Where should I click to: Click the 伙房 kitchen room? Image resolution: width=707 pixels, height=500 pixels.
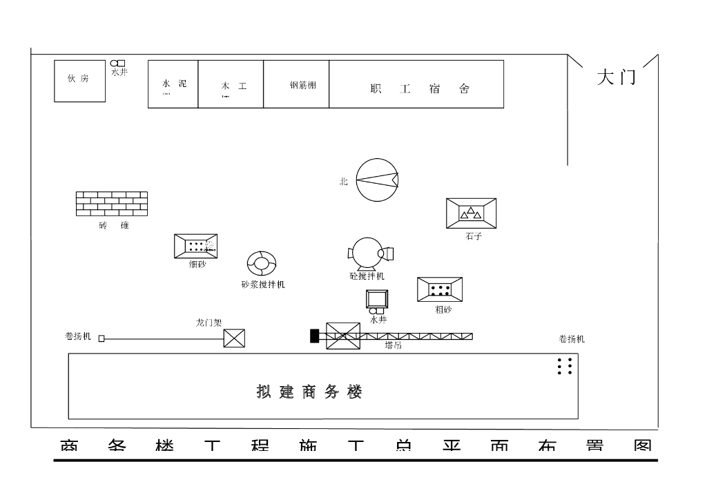[79, 81]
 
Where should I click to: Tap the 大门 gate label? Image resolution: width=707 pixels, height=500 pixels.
[616, 77]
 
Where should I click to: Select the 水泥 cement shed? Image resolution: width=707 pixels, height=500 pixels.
[173, 84]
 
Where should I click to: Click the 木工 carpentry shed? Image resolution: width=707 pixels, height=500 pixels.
[231, 84]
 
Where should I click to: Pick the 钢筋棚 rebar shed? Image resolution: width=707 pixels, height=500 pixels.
[296, 84]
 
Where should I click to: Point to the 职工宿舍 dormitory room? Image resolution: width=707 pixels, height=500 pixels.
[416, 84]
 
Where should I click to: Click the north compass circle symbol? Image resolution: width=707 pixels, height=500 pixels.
[377, 180]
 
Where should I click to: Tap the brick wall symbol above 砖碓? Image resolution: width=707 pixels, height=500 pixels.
[111, 204]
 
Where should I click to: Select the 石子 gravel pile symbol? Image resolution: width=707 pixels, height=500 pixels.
[471, 213]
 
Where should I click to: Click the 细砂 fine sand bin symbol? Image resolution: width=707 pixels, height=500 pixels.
[195, 246]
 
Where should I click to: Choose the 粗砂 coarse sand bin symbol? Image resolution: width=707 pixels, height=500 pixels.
[440, 289]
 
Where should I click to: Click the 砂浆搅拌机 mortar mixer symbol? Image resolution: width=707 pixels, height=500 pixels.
[262, 263]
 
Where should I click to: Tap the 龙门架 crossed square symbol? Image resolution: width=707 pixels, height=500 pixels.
[235, 338]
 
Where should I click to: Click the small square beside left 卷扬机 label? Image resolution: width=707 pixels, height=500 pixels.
[101, 338]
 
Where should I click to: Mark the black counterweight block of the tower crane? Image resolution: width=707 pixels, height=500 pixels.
[315, 336]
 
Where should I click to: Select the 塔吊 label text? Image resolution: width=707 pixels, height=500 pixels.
[393, 345]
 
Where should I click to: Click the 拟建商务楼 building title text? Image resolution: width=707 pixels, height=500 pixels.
[309, 392]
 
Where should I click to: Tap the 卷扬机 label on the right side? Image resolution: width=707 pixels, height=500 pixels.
[572, 339]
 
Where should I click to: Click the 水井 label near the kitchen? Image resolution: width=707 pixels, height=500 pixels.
[119, 72]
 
